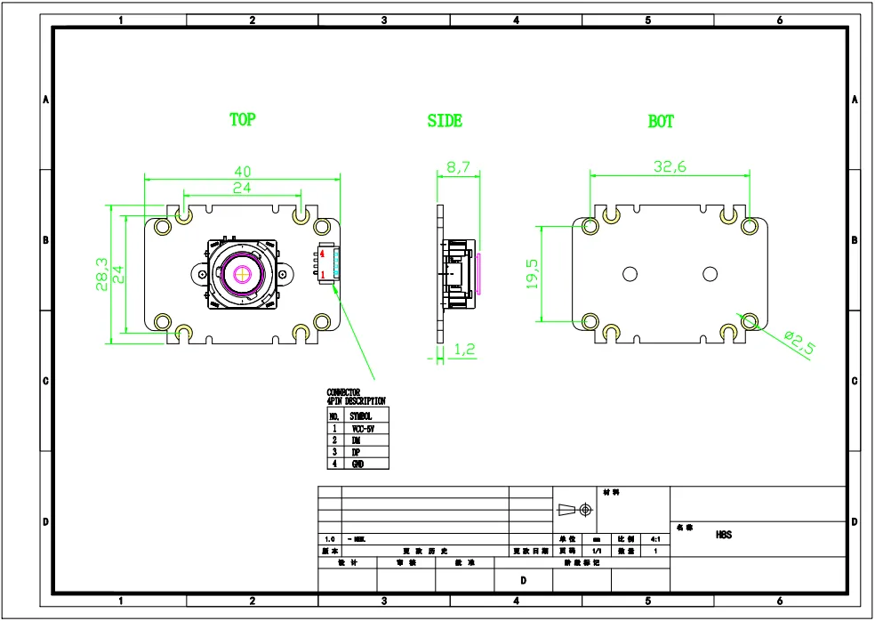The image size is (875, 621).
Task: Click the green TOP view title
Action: (x=242, y=119)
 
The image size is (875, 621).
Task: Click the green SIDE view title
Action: (x=445, y=120)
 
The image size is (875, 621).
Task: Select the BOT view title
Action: (x=661, y=122)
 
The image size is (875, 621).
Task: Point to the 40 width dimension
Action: (x=241, y=171)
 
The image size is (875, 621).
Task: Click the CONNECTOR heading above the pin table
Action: (x=343, y=391)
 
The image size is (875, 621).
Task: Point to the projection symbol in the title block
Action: (x=574, y=510)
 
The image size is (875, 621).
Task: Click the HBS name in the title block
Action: (x=723, y=536)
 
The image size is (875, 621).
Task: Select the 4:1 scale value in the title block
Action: (x=655, y=539)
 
